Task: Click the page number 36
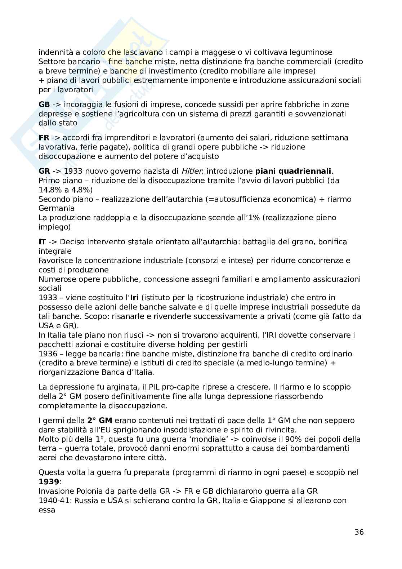pos(359,532)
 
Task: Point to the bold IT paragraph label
pos(42,242)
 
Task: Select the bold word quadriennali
pos(310,171)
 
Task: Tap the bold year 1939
pos(49,482)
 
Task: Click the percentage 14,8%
pos(49,190)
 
